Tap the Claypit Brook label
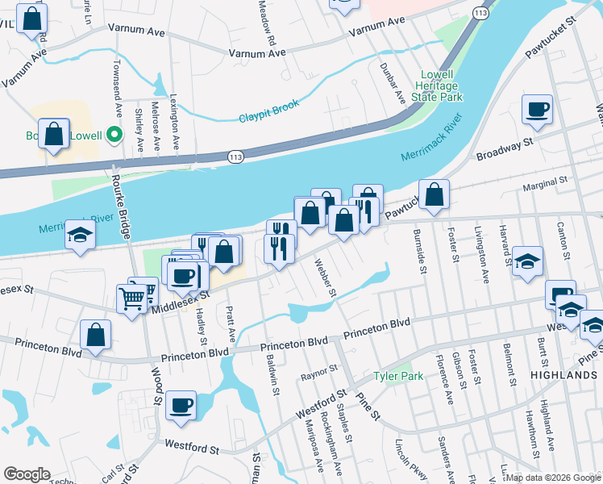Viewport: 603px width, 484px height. (x=268, y=111)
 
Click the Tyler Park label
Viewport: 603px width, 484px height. (x=398, y=377)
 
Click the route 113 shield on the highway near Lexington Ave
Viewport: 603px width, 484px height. (x=235, y=156)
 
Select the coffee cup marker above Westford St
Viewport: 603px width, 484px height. (x=181, y=405)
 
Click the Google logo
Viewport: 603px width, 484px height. (x=27, y=474)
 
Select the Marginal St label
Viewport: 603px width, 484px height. (x=546, y=186)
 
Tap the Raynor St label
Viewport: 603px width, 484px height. (x=318, y=372)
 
